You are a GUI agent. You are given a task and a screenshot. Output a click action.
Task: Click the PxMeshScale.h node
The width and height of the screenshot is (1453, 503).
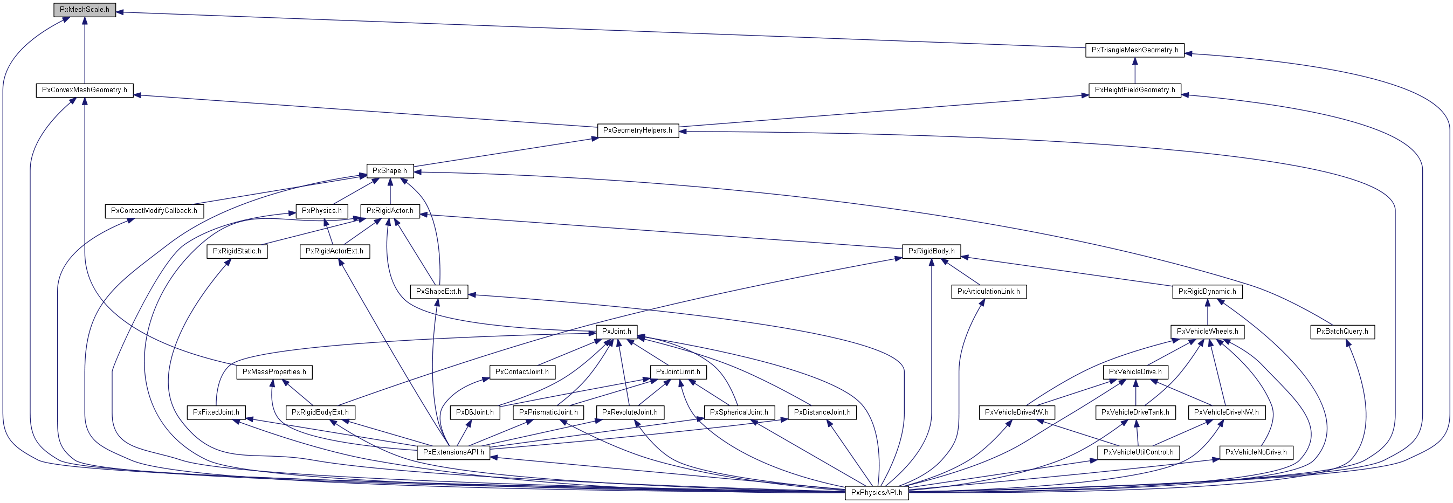85,10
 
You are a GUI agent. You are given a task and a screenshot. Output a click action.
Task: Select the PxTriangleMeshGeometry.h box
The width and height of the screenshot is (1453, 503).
1134,50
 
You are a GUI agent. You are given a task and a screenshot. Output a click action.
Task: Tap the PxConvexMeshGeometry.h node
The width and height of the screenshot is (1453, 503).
85,90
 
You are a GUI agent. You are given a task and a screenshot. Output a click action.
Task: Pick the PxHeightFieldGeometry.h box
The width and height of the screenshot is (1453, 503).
1134,90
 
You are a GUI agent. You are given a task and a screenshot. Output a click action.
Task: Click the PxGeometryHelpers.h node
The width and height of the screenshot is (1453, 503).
637,131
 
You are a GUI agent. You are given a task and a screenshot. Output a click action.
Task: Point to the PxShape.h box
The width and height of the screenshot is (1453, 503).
390,171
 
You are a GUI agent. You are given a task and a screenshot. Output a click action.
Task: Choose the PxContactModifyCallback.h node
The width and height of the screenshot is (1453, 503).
154,211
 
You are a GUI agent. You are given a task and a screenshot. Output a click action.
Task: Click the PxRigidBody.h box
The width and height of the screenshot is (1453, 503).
931,251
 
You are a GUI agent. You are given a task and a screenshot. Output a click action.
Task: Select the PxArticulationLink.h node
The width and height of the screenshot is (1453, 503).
988,292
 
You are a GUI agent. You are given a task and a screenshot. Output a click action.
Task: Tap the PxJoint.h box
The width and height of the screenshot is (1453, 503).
616,332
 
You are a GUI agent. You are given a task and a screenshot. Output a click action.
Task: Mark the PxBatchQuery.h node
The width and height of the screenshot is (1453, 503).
1342,332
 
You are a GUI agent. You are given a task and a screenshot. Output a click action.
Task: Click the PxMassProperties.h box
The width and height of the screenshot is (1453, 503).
274,372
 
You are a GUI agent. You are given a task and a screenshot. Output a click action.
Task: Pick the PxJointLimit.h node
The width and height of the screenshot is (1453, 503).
678,372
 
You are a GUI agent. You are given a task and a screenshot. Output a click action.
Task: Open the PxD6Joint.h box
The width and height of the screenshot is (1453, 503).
475,412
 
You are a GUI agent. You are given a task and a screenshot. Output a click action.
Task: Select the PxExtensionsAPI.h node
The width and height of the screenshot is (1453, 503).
453,452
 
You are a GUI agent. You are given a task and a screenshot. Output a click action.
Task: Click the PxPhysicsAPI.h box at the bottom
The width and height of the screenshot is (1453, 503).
877,493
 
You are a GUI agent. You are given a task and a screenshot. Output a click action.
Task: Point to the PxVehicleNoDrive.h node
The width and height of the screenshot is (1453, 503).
1256,452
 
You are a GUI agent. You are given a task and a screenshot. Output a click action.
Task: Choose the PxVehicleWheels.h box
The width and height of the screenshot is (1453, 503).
1207,332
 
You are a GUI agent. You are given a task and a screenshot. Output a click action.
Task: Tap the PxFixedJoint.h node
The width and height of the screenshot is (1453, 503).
216,412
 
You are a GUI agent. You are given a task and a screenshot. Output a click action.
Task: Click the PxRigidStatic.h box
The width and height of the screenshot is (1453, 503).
237,251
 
